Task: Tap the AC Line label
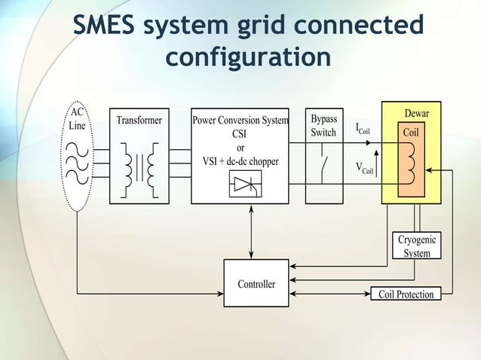77,119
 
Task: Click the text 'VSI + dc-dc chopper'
240,161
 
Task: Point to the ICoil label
363,129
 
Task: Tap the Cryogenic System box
416,246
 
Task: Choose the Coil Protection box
406,294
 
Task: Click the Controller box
256,284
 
